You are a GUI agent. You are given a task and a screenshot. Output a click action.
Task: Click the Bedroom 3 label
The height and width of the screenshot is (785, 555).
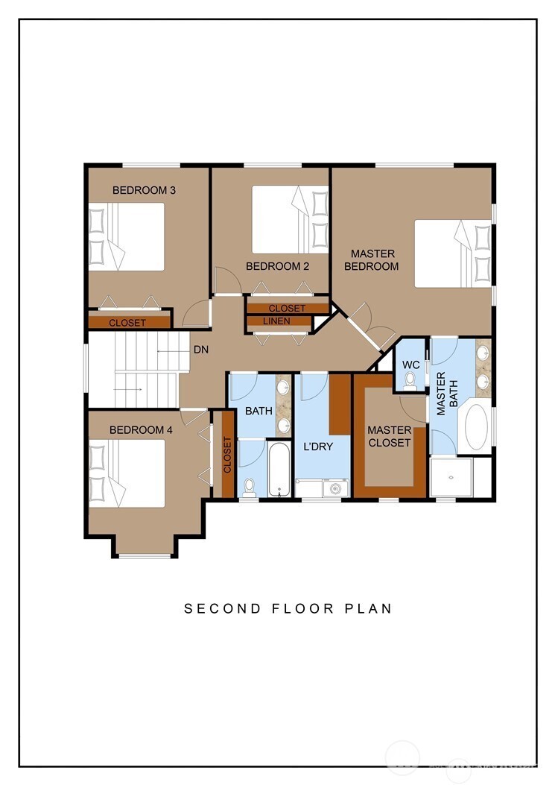(144, 190)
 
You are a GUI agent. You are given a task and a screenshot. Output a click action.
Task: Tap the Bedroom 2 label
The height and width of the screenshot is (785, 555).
(277, 266)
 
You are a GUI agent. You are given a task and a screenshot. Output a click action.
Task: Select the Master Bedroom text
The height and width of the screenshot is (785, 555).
(372, 260)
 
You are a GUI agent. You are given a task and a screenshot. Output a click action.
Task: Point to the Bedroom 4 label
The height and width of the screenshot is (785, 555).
(141, 429)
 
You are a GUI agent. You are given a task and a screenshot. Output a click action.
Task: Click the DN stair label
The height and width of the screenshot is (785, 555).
(201, 350)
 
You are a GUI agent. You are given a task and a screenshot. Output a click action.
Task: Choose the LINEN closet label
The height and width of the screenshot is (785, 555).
(276, 321)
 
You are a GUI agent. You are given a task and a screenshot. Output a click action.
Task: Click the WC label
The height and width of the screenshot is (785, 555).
(411, 365)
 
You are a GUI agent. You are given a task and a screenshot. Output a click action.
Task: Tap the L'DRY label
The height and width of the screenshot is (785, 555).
(318, 447)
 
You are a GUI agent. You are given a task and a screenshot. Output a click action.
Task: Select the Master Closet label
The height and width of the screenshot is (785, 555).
(390, 436)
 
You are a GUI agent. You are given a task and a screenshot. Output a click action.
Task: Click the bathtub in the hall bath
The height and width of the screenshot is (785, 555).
(279, 470)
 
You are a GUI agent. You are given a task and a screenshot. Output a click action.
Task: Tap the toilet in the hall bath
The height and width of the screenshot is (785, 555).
(250, 487)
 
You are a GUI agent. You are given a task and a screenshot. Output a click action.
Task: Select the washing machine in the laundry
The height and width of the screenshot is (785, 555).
(335, 488)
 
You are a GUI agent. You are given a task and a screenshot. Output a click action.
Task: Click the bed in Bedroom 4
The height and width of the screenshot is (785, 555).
(127, 473)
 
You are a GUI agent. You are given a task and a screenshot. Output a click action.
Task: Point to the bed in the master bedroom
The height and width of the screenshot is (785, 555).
(453, 253)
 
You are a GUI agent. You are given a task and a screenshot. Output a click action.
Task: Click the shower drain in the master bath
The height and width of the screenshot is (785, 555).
(451, 478)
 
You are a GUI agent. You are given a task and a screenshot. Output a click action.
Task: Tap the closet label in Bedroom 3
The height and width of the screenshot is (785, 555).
(127, 323)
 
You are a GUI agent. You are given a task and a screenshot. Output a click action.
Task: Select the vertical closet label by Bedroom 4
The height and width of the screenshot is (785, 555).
(227, 455)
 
